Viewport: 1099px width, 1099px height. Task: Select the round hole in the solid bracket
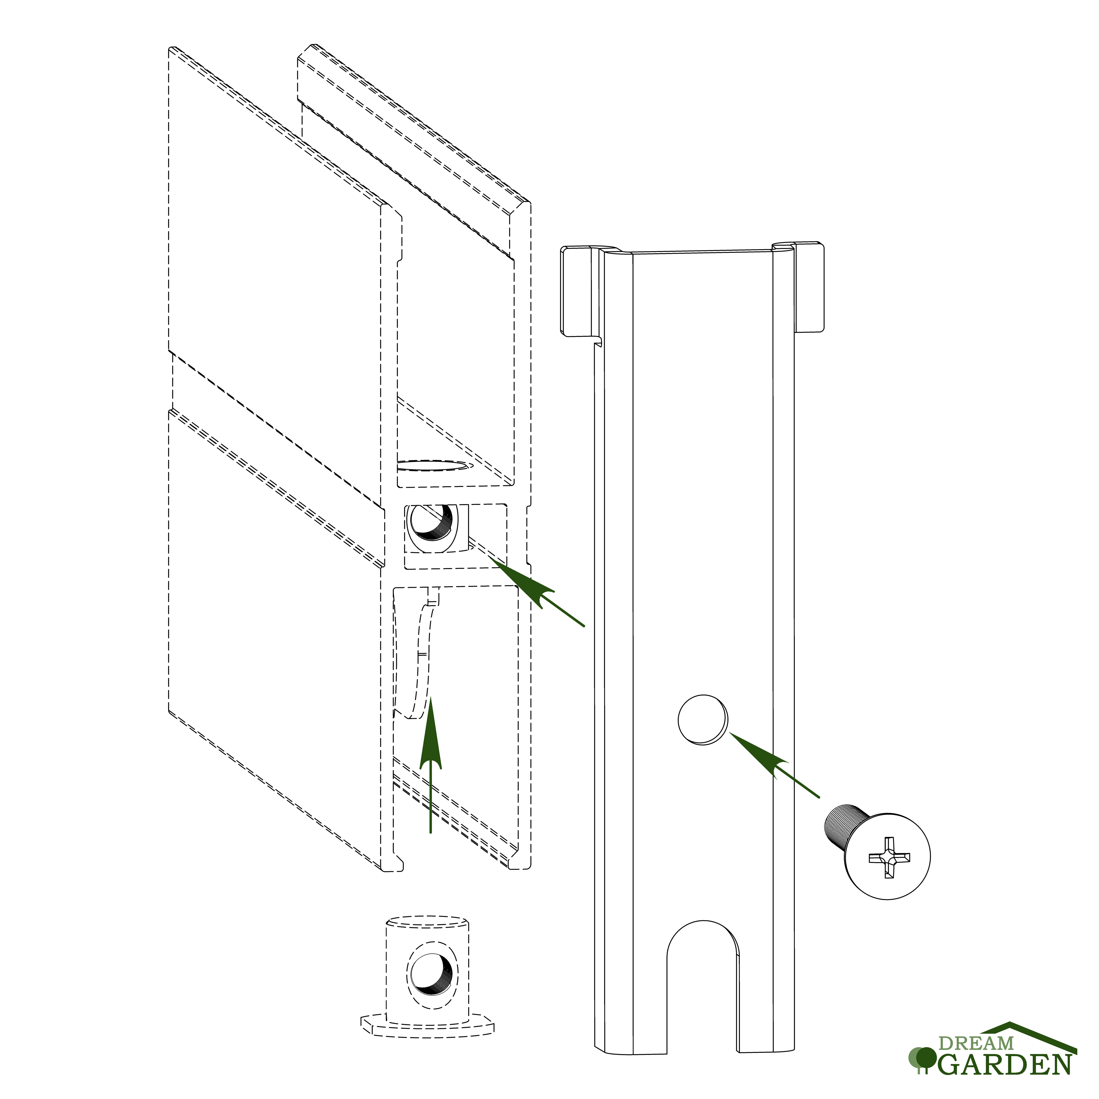click(x=703, y=720)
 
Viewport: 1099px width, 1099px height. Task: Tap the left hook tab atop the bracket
click(x=580, y=290)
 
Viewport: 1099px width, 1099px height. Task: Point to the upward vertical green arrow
click(x=431, y=765)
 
